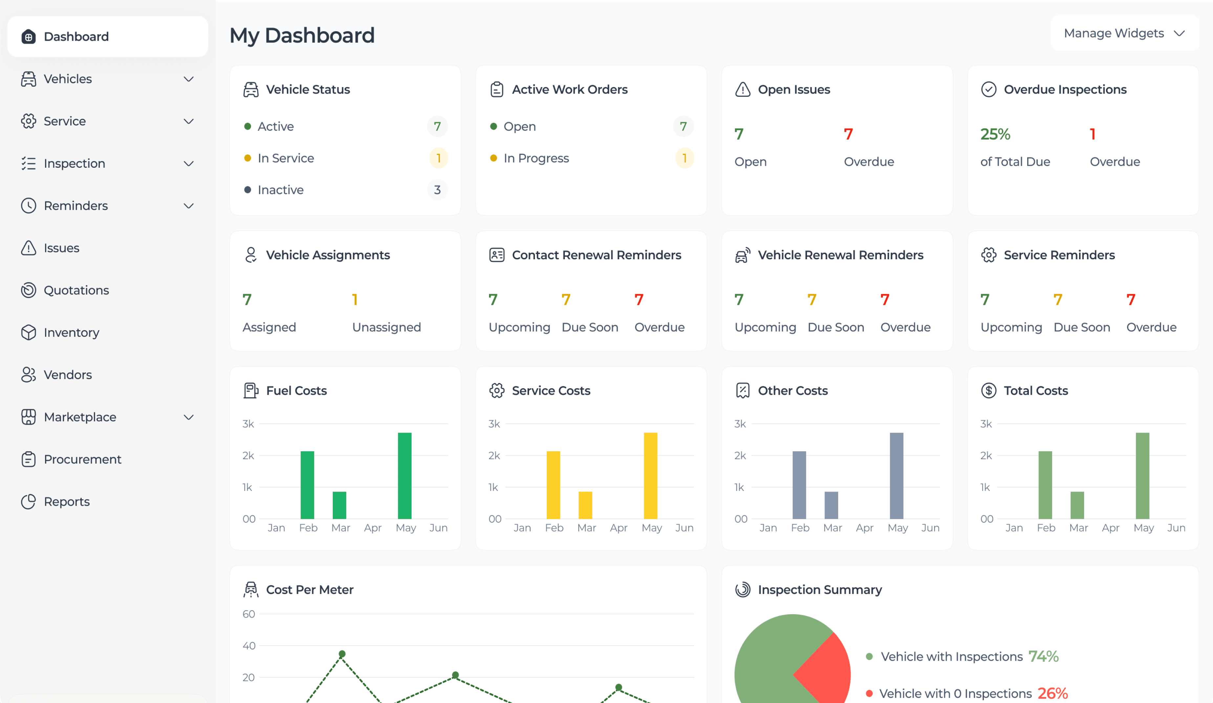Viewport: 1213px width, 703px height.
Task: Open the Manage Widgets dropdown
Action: pos(1124,33)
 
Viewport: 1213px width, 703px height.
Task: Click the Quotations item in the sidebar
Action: pos(76,290)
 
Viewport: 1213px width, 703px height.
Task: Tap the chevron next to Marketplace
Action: pos(189,417)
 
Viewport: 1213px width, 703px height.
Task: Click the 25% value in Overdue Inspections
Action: pos(995,134)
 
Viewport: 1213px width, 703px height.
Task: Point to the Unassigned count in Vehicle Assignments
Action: pos(355,300)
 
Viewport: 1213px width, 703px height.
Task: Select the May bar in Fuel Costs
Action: pos(404,476)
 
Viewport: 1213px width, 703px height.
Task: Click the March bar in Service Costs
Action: pos(585,505)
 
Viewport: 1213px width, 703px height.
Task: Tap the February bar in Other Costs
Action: pos(799,484)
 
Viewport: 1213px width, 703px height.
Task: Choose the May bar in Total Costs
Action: pos(1142,476)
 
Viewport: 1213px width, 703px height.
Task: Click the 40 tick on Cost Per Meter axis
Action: pos(248,646)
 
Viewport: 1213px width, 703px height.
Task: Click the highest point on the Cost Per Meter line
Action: pos(342,654)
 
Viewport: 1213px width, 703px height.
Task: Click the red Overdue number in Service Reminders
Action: pos(1131,300)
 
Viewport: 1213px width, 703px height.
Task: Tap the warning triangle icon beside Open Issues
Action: pos(743,90)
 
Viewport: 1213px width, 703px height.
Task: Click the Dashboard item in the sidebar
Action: pos(76,37)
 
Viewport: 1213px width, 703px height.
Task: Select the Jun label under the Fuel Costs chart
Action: pos(438,528)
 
